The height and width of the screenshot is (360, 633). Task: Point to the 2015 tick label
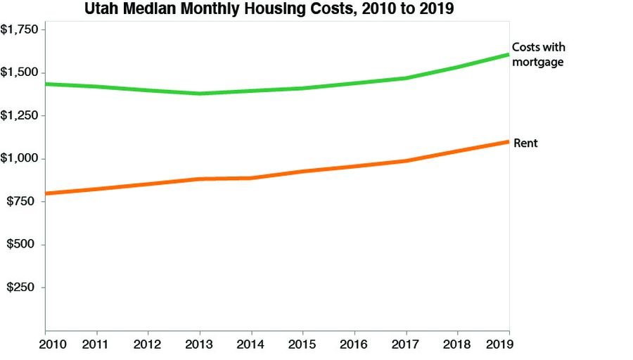[x=302, y=345]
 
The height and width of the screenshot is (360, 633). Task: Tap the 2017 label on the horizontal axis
[x=405, y=345]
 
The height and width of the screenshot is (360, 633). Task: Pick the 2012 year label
[x=147, y=345]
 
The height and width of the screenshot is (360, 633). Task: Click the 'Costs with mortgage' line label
[x=538, y=54]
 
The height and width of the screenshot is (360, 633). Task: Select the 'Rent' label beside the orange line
[x=525, y=143]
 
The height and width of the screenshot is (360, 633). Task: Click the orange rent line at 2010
[x=46, y=193]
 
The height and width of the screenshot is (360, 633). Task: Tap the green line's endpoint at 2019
[x=507, y=55]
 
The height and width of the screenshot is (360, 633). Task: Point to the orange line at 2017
[x=405, y=161]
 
